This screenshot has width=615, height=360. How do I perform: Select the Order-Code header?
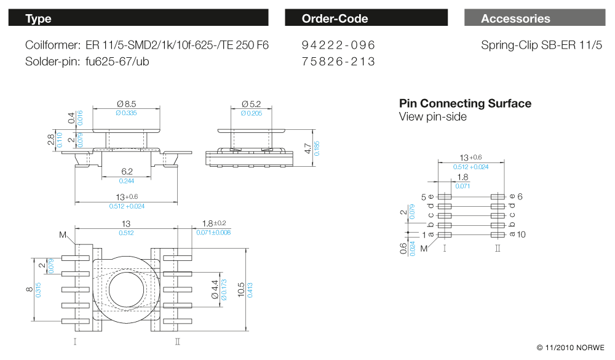pyautogui.click(x=366, y=18)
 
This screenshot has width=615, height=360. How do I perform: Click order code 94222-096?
pyautogui.click(x=338, y=46)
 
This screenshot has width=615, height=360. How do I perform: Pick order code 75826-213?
pyautogui.click(x=338, y=62)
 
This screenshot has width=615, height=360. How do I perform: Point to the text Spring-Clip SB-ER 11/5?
pyautogui.click(x=542, y=46)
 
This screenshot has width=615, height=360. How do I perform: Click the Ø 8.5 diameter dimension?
pyautogui.click(x=126, y=104)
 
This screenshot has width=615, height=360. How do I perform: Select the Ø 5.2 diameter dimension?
pyautogui.click(x=252, y=104)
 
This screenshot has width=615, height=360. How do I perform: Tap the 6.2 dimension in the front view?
pyautogui.click(x=127, y=172)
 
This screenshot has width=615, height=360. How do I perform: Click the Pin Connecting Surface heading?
pyautogui.click(x=465, y=103)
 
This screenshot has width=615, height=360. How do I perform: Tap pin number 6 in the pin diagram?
pyautogui.click(x=520, y=196)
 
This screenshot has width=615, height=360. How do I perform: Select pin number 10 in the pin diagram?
pyautogui.click(x=522, y=234)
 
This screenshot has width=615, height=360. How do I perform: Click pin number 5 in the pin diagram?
pyautogui.click(x=424, y=197)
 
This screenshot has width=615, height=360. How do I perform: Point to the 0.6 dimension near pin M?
pyautogui.click(x=403, y=248)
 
